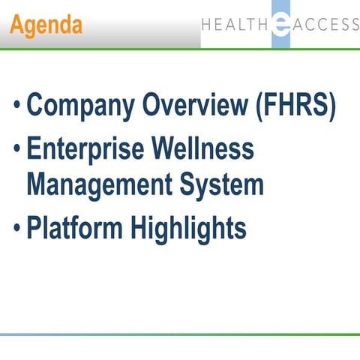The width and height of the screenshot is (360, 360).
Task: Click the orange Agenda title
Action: point(46,25)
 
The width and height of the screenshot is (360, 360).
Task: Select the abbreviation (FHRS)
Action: point(296,106)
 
